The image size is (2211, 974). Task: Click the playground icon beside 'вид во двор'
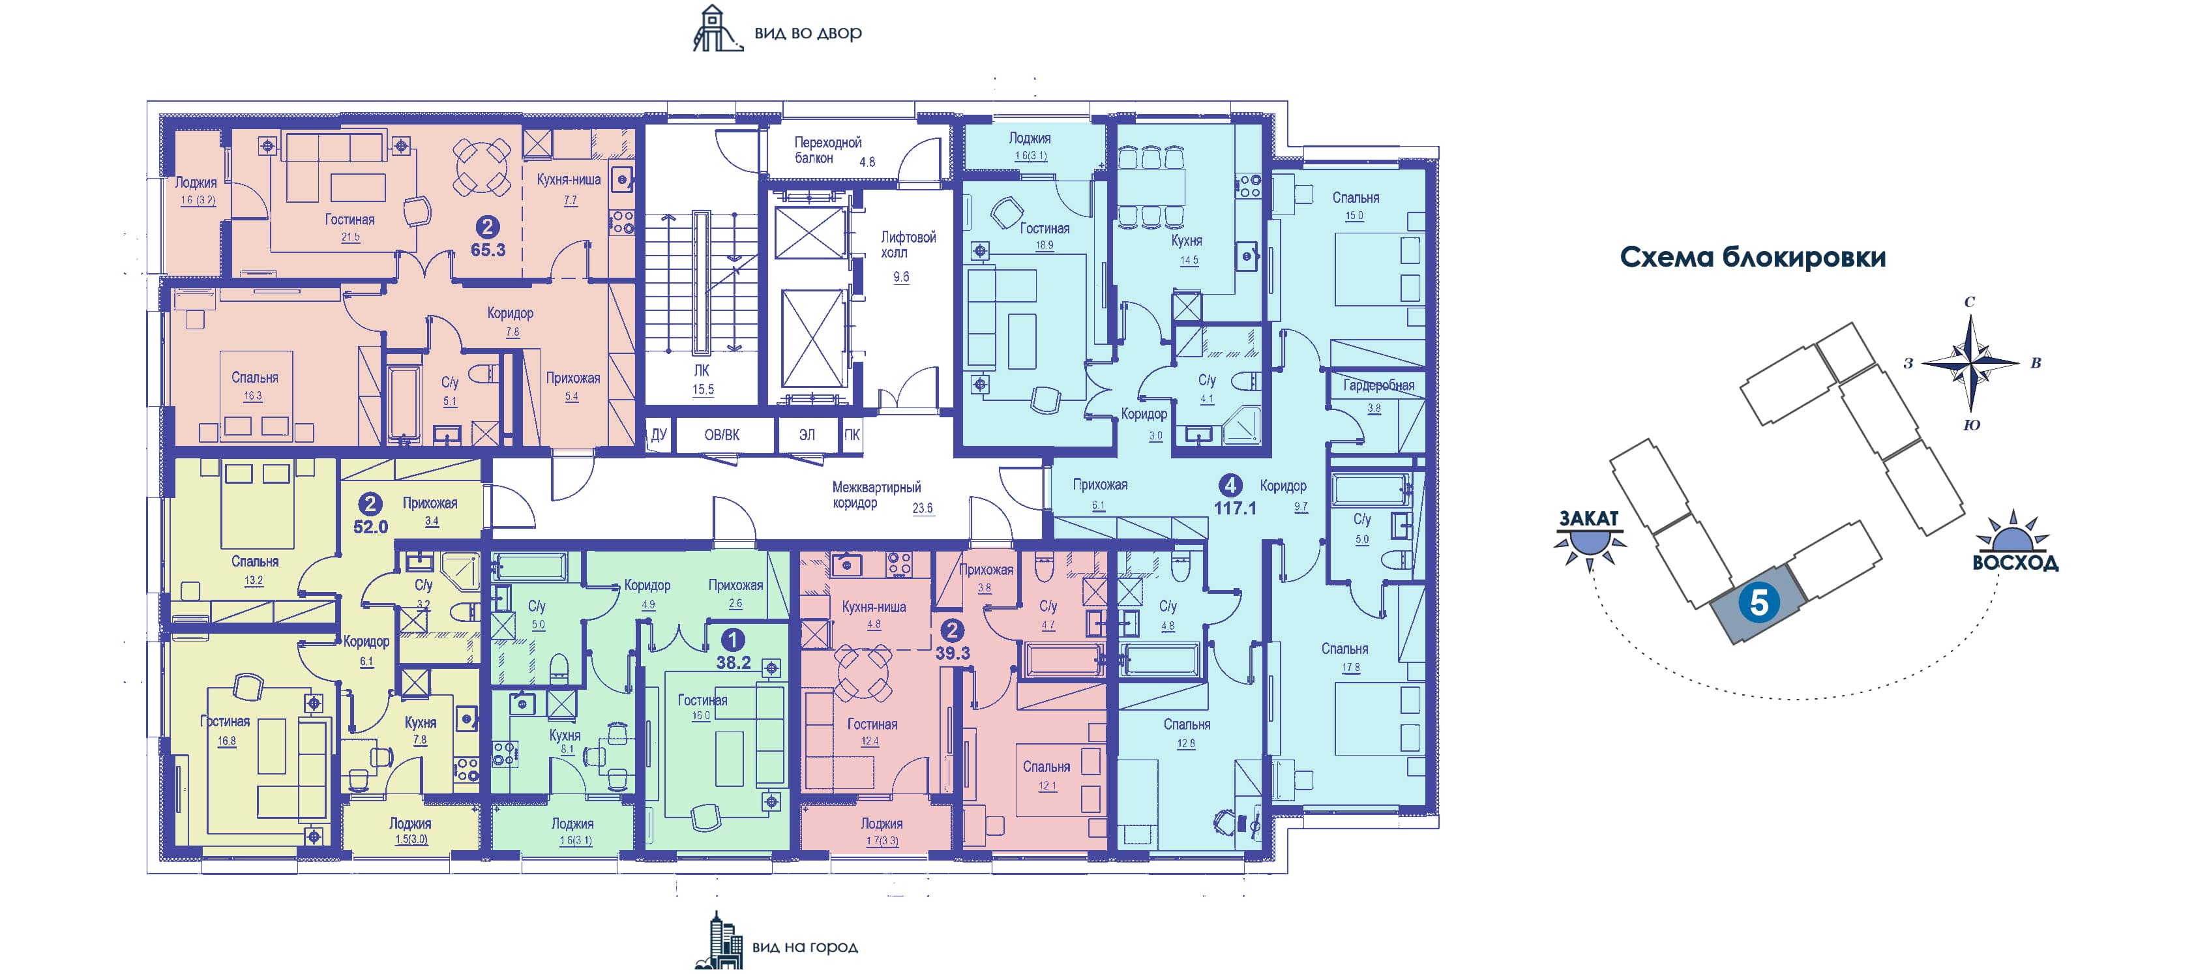717,30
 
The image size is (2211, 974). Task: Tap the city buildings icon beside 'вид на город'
719,942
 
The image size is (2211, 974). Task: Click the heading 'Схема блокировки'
1752,257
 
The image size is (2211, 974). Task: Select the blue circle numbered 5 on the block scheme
1758,603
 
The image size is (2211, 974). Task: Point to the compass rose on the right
1970,364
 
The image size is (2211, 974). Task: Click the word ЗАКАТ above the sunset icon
1589,518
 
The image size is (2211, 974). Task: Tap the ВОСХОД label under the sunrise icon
2015,563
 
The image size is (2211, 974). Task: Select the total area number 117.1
1234,508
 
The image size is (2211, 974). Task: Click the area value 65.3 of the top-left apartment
488,250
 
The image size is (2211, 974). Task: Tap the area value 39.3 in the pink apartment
952,653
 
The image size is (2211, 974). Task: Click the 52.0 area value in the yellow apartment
371,527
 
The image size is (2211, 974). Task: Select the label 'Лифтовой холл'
907,244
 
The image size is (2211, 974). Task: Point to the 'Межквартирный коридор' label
876,495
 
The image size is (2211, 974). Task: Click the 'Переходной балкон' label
827,150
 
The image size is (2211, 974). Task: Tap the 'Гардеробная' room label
1378,385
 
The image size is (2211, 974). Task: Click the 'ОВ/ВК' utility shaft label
721,435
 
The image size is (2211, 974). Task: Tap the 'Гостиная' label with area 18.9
1044,228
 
